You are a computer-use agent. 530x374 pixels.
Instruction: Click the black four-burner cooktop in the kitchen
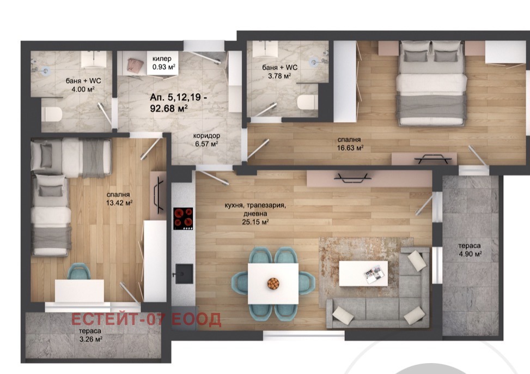click(x=184, y=219)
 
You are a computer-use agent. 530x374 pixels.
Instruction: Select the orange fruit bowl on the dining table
click(x=273, y=283)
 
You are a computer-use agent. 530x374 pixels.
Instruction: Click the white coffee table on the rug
click(x=363, y=273)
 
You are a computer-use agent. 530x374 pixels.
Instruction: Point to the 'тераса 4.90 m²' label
click(x=470, y=250)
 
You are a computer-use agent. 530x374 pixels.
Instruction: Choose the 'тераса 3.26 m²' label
click(x=90, y=334)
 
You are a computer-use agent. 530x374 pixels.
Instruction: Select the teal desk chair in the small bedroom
click(x=80, y=272)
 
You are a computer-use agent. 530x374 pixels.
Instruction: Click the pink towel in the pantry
click(x=133, y=66)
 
